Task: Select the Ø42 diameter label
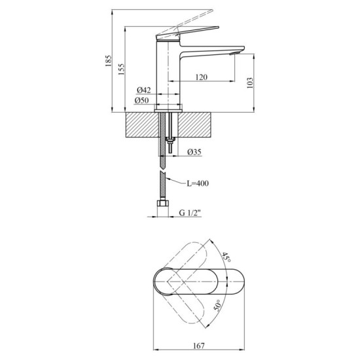point(144,90)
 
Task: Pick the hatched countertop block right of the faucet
point(196,124)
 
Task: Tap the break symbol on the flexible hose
point(163,174)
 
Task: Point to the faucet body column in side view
point(169,72)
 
